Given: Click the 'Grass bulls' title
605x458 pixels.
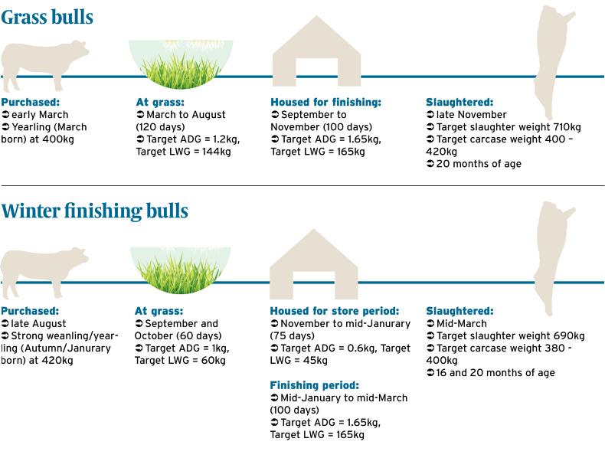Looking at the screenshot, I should [47, 17].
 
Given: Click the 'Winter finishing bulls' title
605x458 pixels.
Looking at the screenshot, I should [94, 211].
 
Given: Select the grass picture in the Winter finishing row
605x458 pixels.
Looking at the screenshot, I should [181, 270].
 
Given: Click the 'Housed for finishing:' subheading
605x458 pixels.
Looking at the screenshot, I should [325, 103].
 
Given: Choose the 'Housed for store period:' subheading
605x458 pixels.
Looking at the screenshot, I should [334, 312].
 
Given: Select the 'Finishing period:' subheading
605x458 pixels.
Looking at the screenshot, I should [314, 386].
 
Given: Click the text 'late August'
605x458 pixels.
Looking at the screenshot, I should [38, 324].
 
